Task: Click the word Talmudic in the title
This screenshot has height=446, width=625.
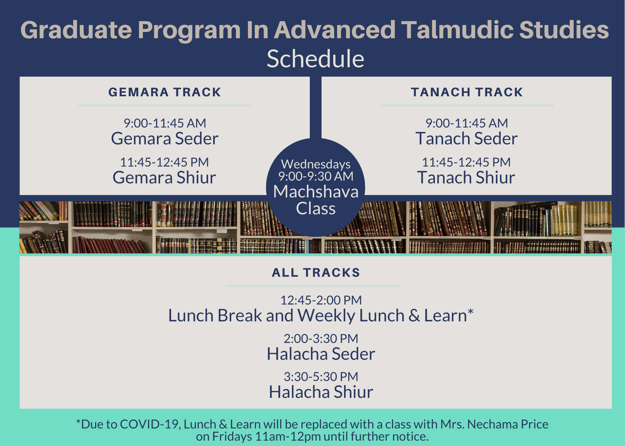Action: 457,30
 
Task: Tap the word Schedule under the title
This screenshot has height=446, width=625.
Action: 315,59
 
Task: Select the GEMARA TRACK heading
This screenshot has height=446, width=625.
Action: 165,92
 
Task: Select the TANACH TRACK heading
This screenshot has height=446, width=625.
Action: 467,92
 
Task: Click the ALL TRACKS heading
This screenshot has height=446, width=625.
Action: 316,273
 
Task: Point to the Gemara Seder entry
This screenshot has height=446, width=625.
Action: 165,138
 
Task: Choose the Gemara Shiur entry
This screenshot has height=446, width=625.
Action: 164,177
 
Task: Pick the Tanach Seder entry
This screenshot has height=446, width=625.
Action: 467,138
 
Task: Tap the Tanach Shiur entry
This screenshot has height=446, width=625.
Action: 466,177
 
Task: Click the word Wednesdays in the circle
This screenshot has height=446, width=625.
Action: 316,164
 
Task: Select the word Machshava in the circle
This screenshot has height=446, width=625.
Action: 316,191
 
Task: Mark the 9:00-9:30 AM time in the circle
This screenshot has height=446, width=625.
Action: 316,176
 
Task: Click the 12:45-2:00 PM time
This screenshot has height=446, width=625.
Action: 321,300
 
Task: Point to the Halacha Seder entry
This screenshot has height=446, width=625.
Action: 321,354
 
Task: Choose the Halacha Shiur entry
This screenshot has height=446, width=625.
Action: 321,392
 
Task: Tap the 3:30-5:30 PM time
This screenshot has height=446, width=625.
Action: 321,377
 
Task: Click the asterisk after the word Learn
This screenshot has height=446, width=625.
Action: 470,312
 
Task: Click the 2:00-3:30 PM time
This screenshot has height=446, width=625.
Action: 321,339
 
